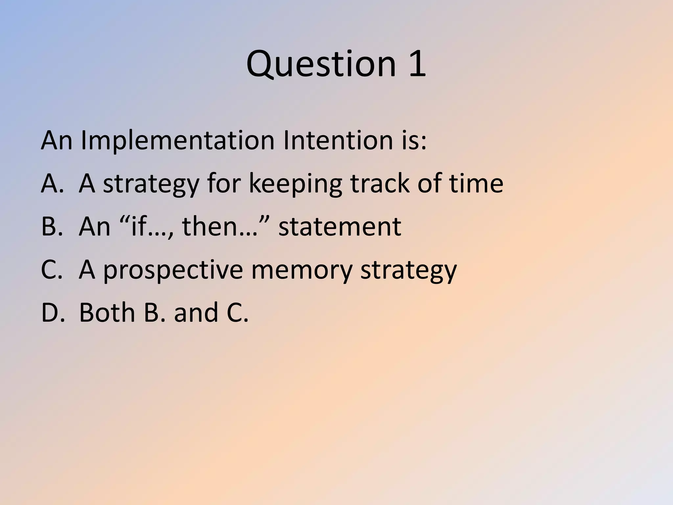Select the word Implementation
click(x=177, y=141)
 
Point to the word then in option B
click(x=210, y=227)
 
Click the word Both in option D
click(x=107, y=312)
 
